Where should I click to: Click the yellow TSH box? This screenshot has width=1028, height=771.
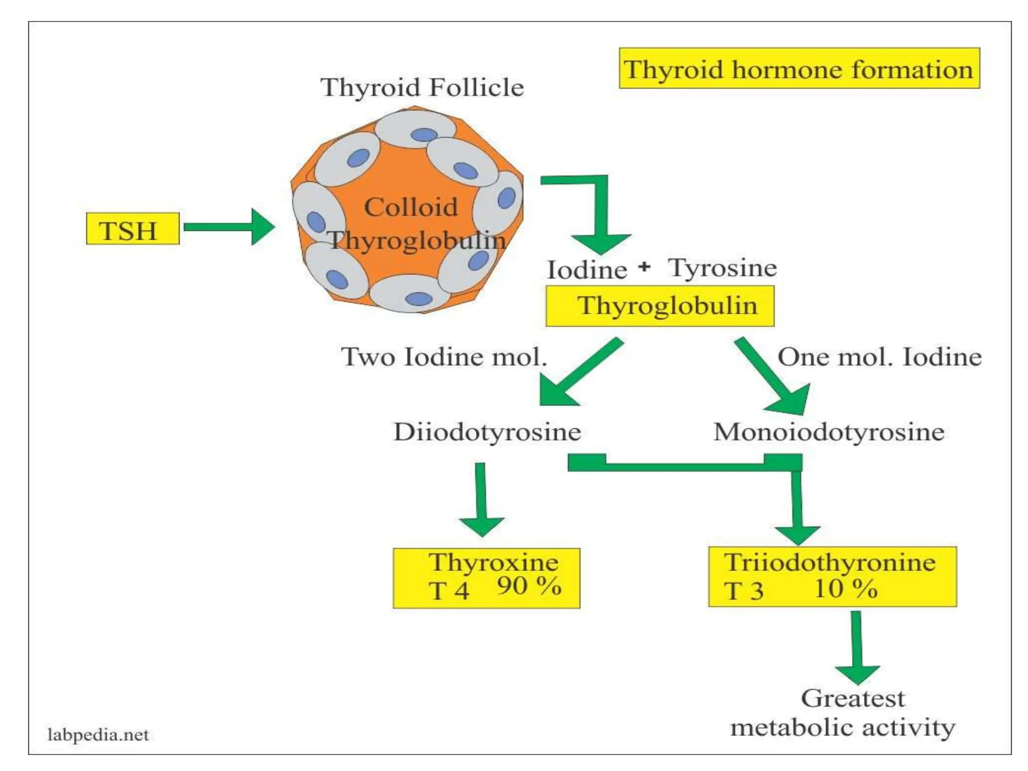tap(133, 229)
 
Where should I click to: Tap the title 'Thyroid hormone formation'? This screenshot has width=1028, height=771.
tap(799, 69)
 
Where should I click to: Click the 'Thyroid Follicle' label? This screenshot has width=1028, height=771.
tap(422, 87)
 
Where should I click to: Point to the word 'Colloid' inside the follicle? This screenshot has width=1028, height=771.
tap(411, 207)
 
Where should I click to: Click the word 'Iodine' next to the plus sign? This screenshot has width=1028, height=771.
tap(587, 270)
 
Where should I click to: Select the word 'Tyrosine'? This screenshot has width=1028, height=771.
tap(722, 268)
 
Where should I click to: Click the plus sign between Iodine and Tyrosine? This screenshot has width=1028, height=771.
tap(645, 267)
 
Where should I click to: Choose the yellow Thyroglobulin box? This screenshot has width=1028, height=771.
tap(660, 306)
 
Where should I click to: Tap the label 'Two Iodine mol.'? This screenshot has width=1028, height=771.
tap(444, 357)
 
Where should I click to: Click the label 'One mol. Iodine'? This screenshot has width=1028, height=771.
tap(879, 357)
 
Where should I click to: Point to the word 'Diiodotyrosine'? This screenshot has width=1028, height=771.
tap(487, 432)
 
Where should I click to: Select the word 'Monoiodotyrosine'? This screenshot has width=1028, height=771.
tap(829, 432)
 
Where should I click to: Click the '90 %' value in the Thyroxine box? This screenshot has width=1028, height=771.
tap(529, 586)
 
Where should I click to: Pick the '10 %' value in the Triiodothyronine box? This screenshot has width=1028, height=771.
tap(845, 589)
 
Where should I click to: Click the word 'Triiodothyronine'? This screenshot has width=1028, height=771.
tap(829, 562)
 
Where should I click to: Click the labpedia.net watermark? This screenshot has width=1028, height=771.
tap(98, 735)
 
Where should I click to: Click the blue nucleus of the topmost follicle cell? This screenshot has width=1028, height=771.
tap(424, 135)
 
